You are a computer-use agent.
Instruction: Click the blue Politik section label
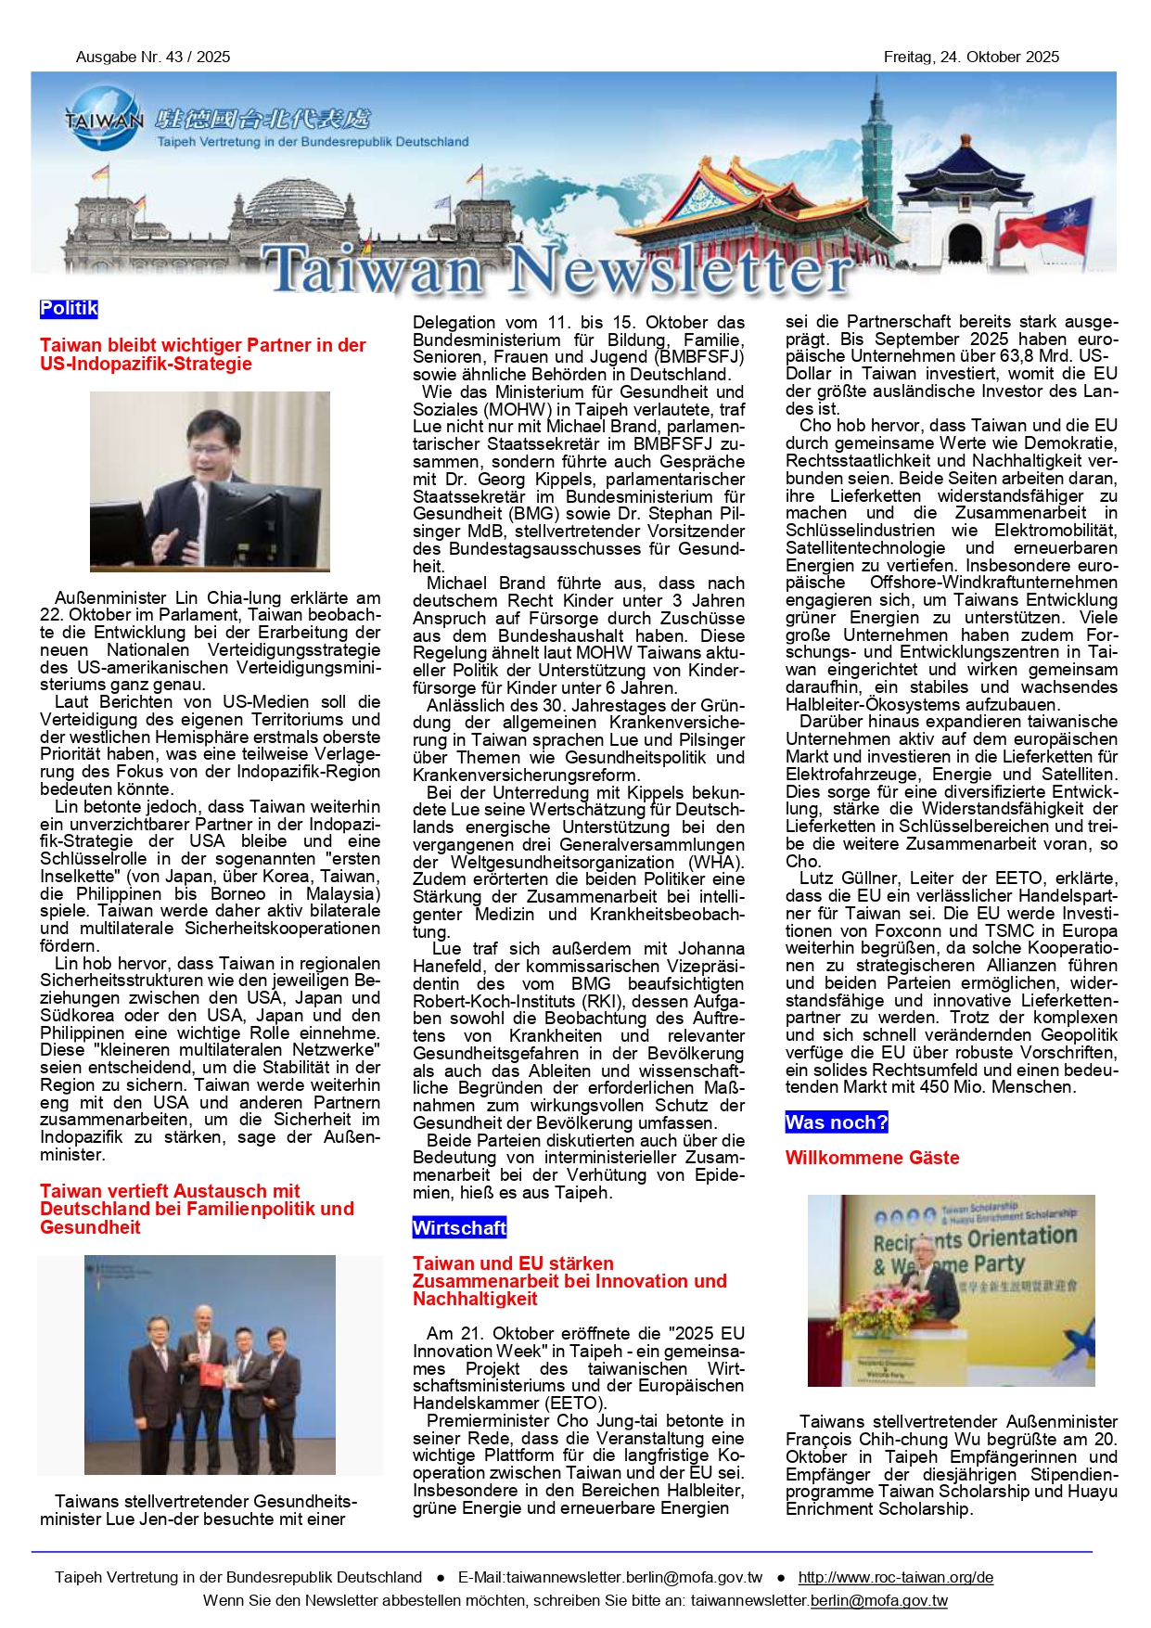coord(69,309)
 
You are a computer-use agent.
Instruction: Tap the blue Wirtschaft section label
coord(459,1228)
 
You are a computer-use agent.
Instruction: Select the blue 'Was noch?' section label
coord(836,1122)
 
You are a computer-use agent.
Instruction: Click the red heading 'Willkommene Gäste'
coord(872,1158)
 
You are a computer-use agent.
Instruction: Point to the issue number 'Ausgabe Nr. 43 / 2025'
coord(153,58)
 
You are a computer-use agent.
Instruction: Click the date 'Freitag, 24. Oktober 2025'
coord(971,58)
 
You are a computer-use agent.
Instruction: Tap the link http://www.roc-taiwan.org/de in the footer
coord(895,1577)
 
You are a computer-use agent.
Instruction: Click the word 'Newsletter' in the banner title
coord(680,271)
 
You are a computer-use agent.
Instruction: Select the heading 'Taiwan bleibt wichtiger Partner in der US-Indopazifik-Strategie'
coord(202,354)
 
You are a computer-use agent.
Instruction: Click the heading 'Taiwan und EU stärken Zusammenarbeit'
coord(569,1281)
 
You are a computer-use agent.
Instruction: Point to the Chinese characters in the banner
coord(263,119)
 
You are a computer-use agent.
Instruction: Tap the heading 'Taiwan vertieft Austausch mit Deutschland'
coord(197,1209)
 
